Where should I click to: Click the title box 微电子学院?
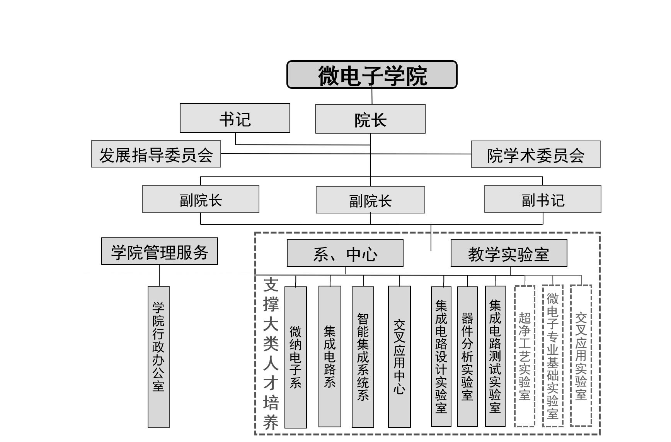372,75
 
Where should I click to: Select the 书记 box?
235,118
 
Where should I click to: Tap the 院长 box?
370,119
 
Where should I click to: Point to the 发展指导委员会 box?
156,154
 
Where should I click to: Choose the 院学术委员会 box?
536,154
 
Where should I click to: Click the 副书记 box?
543,199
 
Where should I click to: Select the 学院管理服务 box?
160,251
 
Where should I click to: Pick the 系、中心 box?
345,253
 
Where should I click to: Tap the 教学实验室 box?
509,253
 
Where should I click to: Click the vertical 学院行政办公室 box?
158,357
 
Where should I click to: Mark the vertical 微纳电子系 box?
296,357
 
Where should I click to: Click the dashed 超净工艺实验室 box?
525,356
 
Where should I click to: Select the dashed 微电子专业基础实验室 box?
553,356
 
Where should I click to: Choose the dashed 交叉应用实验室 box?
581,356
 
